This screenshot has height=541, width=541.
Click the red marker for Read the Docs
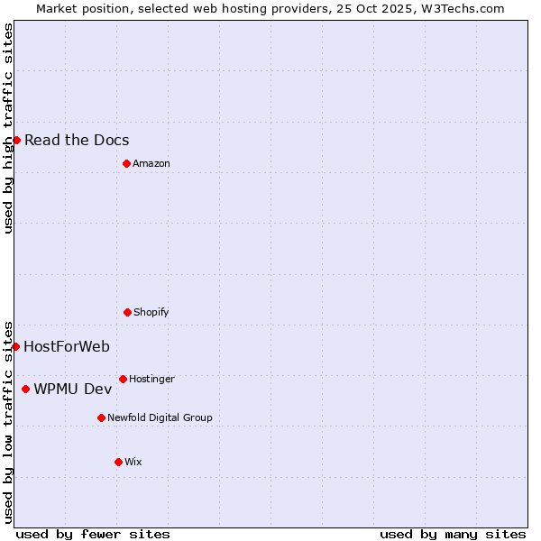point(16,140)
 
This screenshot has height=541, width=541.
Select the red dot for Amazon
point(126,163)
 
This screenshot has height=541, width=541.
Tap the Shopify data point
point(127,312)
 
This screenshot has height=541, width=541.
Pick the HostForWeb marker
point(15,346)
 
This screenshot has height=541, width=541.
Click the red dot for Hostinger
point(123,379)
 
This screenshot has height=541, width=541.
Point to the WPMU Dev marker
point(25,389)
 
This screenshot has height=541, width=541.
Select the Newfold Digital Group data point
point(101,417)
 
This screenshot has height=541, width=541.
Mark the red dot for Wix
point(118,462)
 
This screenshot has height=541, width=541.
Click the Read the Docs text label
point(77,140)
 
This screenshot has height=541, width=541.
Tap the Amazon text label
point(151,163)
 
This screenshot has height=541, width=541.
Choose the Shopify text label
point(151,312)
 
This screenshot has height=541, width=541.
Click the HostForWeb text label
point(67,346)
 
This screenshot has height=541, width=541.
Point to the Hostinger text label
point(151,379)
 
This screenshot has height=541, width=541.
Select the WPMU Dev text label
point(73,389)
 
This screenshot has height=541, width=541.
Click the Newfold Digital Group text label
point(160,417)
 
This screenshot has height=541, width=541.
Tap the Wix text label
point(133,462)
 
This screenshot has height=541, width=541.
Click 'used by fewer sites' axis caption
point(93,534)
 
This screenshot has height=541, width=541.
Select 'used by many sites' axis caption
point(453,534)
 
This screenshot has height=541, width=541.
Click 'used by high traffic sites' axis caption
point(9,128)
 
